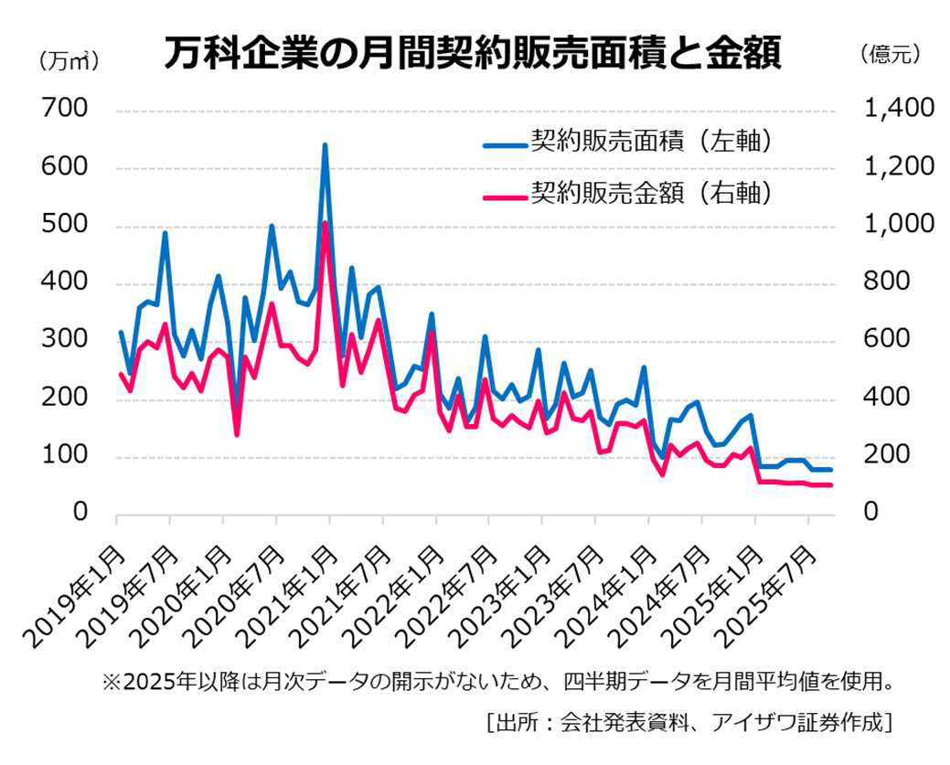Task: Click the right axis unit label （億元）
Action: (x=889, y=55)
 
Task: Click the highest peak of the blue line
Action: (x=325, y=145)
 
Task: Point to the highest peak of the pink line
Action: (x=325, y=224)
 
